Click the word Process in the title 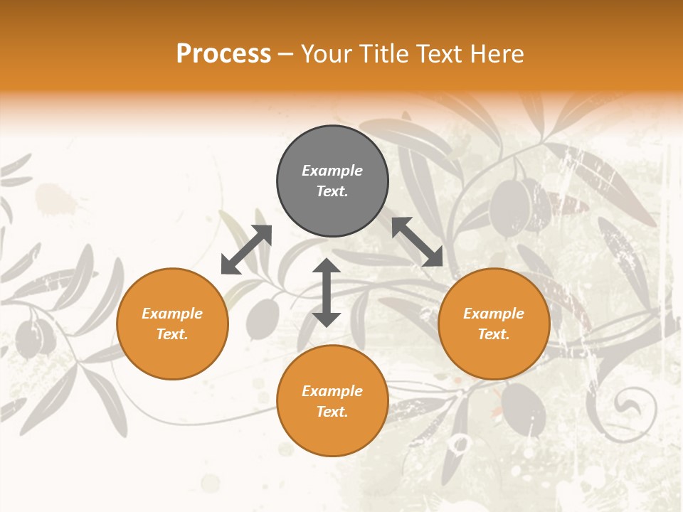[223, 54]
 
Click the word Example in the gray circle [332, 171]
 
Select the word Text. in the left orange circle [172, 334]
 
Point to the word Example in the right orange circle [494, 314]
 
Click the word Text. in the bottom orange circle [332, 412]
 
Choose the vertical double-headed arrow [327, 292]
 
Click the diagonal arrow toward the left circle [246, 250]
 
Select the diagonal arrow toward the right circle [418, 242]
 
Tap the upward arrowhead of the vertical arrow [327, 266]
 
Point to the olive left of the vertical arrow [264, 317]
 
